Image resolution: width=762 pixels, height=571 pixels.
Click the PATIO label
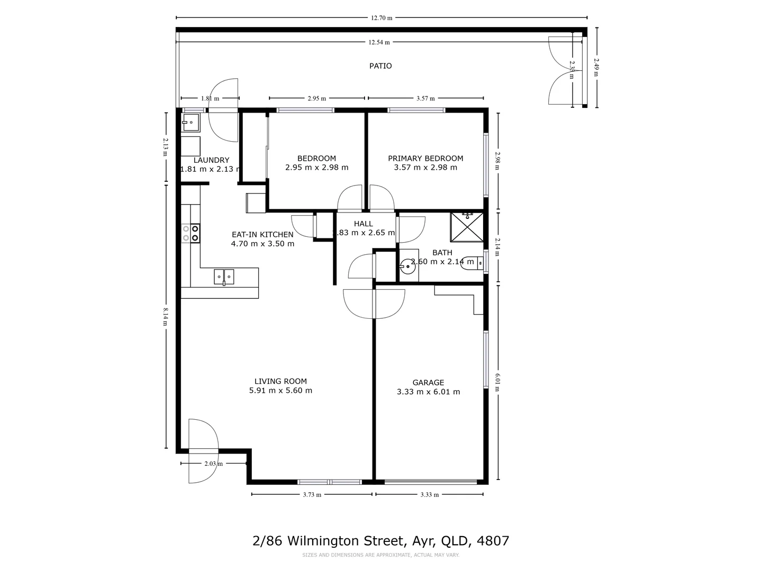tap(380, 66)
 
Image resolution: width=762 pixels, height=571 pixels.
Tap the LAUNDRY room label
tap(211, 160)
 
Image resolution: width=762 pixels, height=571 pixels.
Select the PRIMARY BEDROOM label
tap(425, 159)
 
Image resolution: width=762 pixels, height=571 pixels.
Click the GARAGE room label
tap(428, 383)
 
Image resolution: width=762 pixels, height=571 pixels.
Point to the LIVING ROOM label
tap(280, 381)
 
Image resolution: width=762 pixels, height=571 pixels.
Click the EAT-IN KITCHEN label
tap(262, 235)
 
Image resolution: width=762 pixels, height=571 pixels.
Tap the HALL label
tap(364, 224)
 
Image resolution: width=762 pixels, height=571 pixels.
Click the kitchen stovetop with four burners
tap(190, 233)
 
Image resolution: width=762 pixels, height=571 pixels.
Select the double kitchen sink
tap(224, 276)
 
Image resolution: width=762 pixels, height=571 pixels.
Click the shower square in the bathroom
tap(467, 227)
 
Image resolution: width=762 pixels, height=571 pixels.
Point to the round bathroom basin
tap(408, 265)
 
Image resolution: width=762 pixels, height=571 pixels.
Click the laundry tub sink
tap(190, 123)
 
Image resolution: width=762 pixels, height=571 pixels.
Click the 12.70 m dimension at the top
tap(382, 17)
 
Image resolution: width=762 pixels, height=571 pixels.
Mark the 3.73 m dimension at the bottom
tap(312, 495)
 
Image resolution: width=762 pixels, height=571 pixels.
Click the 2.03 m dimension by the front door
tap(213, 464)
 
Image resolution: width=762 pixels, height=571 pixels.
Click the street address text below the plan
tap(381, 541)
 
